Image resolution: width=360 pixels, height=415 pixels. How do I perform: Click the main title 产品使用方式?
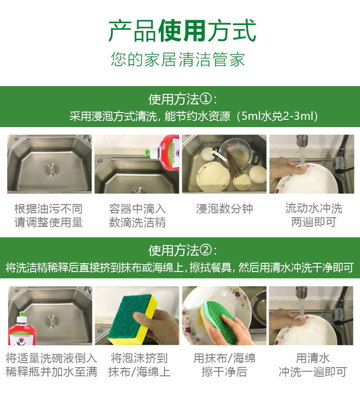pyautogui.click(x=182, y=31)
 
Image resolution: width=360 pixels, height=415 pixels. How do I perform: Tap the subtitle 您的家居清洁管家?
pyautogui.click(x=178, y=59)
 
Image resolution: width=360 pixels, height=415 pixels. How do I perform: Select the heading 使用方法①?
pyautogui.click(x=183, y=99)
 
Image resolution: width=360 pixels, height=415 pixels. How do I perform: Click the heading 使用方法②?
pyautogui.click(x=183, y=251)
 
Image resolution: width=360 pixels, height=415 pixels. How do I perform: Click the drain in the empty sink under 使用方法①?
pyautogui.click(x=52, y=169)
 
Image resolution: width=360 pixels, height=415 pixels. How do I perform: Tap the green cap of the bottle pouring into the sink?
pyautogui.click(x=148, y=152)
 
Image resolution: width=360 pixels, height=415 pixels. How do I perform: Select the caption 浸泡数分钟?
pyautogui.click(x=225, y=209)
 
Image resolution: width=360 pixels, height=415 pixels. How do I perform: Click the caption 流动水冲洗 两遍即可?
pyautogui.click(x=314, y=215)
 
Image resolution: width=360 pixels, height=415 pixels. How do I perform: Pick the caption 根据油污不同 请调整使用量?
pyautogui.click(x=48, y=215)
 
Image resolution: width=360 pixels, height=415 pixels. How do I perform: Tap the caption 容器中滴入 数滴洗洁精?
pyautogui.click(x=137, y=215)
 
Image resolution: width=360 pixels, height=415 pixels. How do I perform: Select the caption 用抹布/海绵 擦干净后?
pyautogui.click(x=225, y=365)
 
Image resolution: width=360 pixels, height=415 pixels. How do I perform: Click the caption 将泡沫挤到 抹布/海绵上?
pyautogui.click(x=139, y=365)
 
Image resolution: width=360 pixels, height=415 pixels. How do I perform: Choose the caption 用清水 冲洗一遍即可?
pyautogui.click(x=313, y=365)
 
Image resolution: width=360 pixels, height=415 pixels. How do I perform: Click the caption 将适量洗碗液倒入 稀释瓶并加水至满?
pyautogui.click(x=51, y=365)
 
